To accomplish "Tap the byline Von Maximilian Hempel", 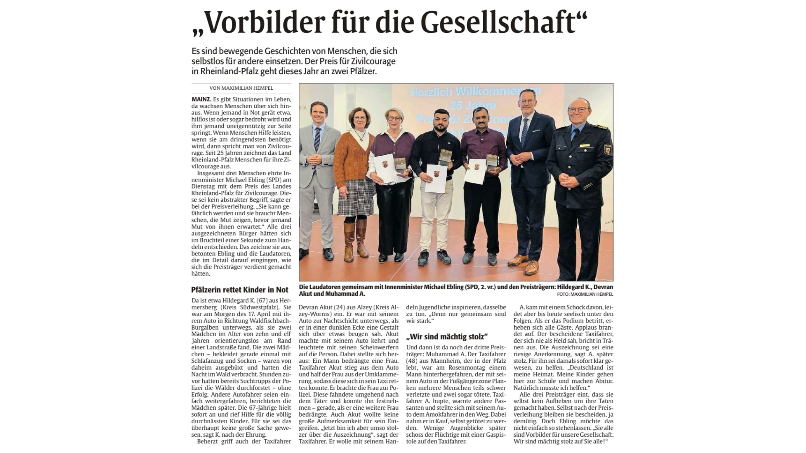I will (x=241, y=88).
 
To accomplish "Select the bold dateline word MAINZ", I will (x=201, y=99).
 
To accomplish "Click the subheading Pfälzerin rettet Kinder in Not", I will (x=240, y=290).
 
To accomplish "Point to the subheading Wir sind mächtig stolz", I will (x=447, y=336).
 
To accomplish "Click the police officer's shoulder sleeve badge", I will (x=607, y=149).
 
